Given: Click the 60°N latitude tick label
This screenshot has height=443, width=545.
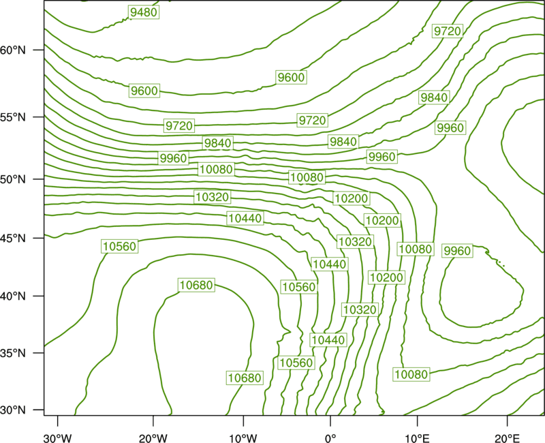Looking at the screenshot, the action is tap(13, 50).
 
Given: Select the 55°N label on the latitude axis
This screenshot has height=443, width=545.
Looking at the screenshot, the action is tap(13, 117).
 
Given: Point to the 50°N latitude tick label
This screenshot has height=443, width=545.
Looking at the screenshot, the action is tap(13, 179).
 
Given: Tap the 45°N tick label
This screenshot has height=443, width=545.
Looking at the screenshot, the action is tap(13, 238).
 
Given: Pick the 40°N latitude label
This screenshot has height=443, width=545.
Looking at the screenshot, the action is tap(13, 296).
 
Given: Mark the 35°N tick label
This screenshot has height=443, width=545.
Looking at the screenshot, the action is tap(13, 353).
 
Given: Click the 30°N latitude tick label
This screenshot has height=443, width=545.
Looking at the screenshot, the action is tap(13, 410).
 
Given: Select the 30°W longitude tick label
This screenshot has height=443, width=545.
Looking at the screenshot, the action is tap(58, 438).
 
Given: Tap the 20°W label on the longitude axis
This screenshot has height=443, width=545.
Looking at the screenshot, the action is tap(153, 438).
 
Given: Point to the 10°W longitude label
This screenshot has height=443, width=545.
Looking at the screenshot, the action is tap(243, 438).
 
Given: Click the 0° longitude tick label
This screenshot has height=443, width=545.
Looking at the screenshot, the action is tap(330, 438).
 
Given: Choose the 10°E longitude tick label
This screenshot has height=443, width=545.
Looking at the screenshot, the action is tap(417, 438).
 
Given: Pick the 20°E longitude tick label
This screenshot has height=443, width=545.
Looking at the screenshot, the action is tap(507, 438).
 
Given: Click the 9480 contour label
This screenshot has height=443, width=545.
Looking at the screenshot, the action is tap(144, 12).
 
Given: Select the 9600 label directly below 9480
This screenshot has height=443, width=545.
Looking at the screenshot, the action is tap(144, 91).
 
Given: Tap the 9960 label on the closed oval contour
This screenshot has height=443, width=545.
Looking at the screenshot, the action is tap(457, 251).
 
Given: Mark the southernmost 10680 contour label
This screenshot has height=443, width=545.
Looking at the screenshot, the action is tap(245, 378).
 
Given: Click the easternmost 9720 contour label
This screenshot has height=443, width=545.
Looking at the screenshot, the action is tap(448, 31).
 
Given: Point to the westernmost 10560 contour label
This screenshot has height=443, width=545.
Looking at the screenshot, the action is tap(120, 246).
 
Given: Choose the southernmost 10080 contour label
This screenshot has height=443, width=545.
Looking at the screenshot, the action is tap(411, 374).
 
